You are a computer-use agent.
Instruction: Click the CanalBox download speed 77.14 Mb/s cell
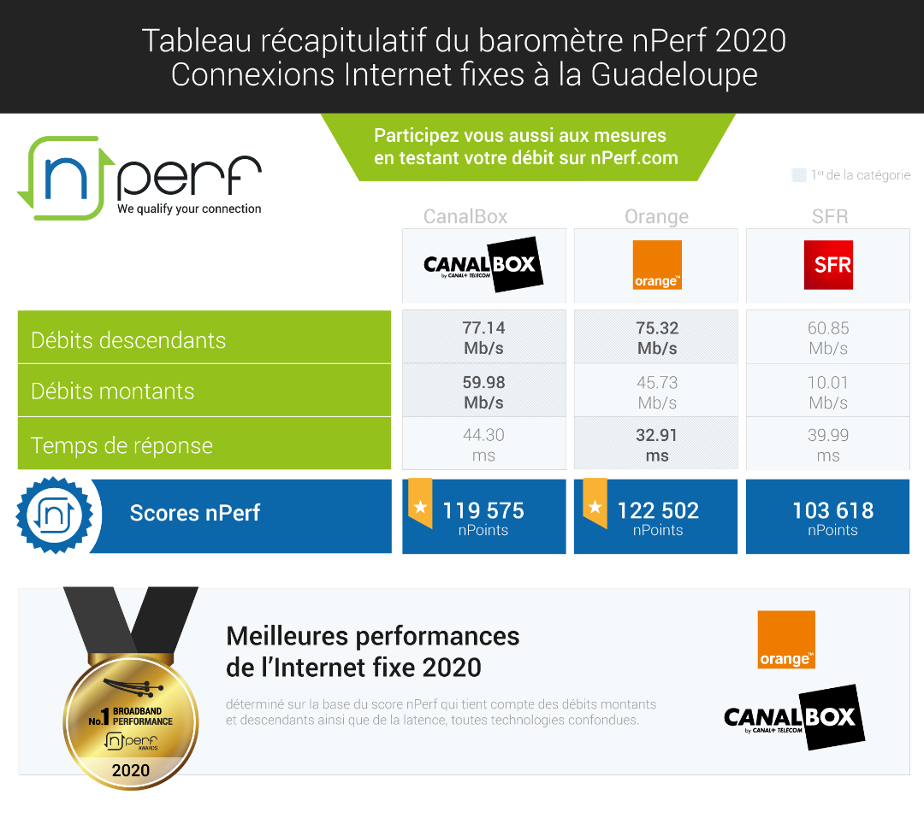point(483,338)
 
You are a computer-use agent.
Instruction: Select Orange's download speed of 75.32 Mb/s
point(656,338)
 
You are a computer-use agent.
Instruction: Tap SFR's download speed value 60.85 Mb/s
point(827,338)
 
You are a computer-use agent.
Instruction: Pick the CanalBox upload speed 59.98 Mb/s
point(483,391)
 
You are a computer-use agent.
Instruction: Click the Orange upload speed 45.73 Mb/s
point(656,391)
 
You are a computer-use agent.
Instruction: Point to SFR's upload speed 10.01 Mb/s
point(827,391)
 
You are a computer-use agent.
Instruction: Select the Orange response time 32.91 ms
point(656,444)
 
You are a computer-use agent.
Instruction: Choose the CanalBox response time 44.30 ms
point(483,444)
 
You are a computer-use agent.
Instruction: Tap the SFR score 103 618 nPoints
point(832,517)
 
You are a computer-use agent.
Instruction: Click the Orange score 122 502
point(658,511)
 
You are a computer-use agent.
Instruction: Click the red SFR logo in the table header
point(828,265)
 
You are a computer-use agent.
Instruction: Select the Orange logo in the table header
point(656,265)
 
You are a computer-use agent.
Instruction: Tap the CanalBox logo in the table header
point(483,265)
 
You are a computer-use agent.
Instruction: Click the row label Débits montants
point(113,391)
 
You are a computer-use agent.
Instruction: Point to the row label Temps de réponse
point(121,445)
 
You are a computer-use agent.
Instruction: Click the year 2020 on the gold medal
point(131,770)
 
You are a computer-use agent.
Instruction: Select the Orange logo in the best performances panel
point(786,639)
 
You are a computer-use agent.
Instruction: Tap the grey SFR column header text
point(829,216)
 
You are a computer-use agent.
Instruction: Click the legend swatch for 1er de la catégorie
point(798,175)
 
